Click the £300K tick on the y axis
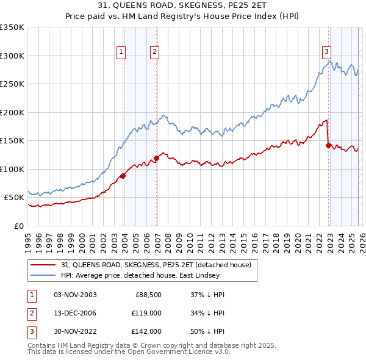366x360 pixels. coord(12,56)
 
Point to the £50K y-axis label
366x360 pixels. coord(14,198)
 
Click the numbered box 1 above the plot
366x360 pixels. coord(122,52)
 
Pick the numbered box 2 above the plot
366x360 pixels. coord(155,52)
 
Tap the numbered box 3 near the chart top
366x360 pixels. coord(327,52)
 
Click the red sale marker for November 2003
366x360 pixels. coord(123,176)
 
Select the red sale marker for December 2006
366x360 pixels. coord(156,159)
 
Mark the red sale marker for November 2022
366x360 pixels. coord(329,145)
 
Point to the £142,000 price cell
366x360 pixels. coord(146,331)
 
